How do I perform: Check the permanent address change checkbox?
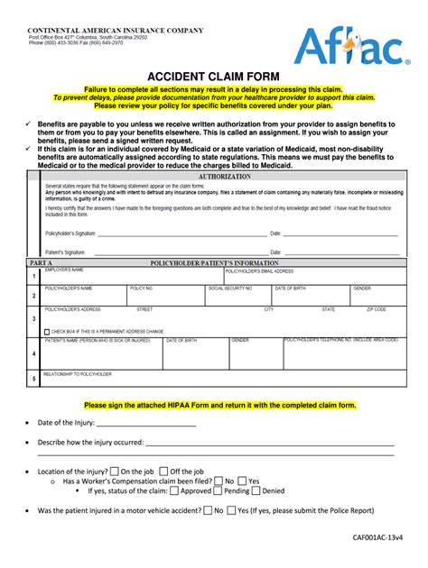coord(47,332)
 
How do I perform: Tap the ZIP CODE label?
coord(377,309)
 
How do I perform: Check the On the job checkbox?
coord(114,471)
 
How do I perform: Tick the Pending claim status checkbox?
coord(219,491)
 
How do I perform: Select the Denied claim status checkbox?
coord(256,491)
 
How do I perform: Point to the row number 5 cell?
coord(33,380)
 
